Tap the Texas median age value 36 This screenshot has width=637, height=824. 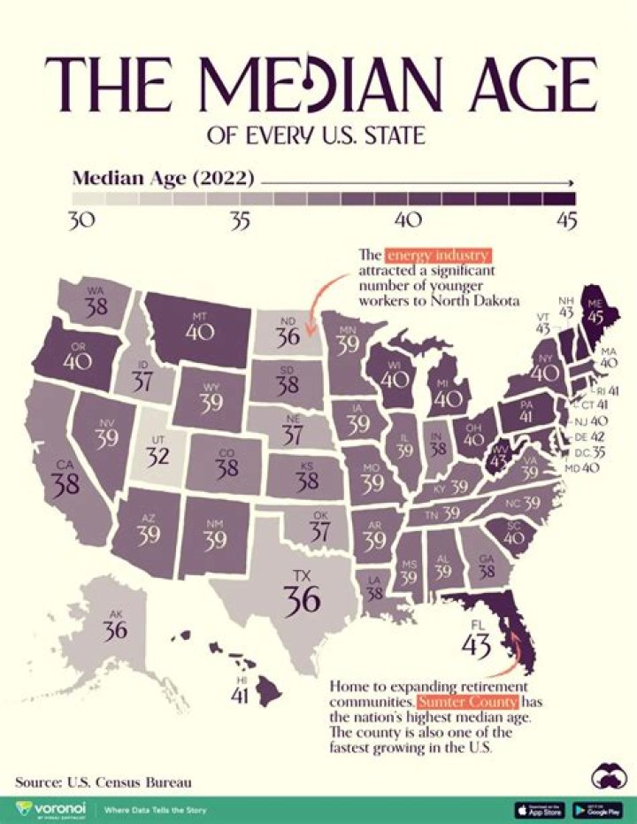pyautogui.click(x=302, y=600)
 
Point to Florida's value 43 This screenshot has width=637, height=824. pyautogui.click(x=476, y=645)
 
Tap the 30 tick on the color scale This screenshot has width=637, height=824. pyautogui.click(x=81, y=221)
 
